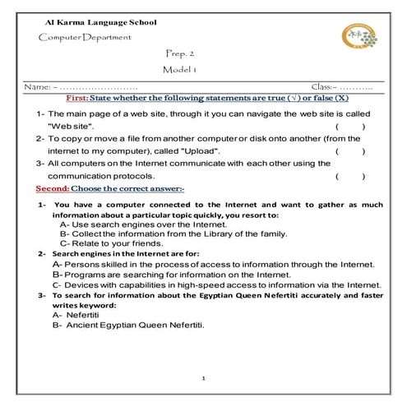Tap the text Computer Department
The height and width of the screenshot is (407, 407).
pyautogui.click(x=85, y=39)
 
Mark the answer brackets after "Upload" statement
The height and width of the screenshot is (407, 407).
pyautogui.click(x=350, y=151)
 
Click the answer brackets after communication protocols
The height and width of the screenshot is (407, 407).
pyautogui.click(x=350, y=176)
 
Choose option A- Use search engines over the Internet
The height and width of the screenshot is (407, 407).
pyautogui.click(x=141, y=224)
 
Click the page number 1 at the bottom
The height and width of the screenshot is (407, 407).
pyautogui.click(x=203, y=378)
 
